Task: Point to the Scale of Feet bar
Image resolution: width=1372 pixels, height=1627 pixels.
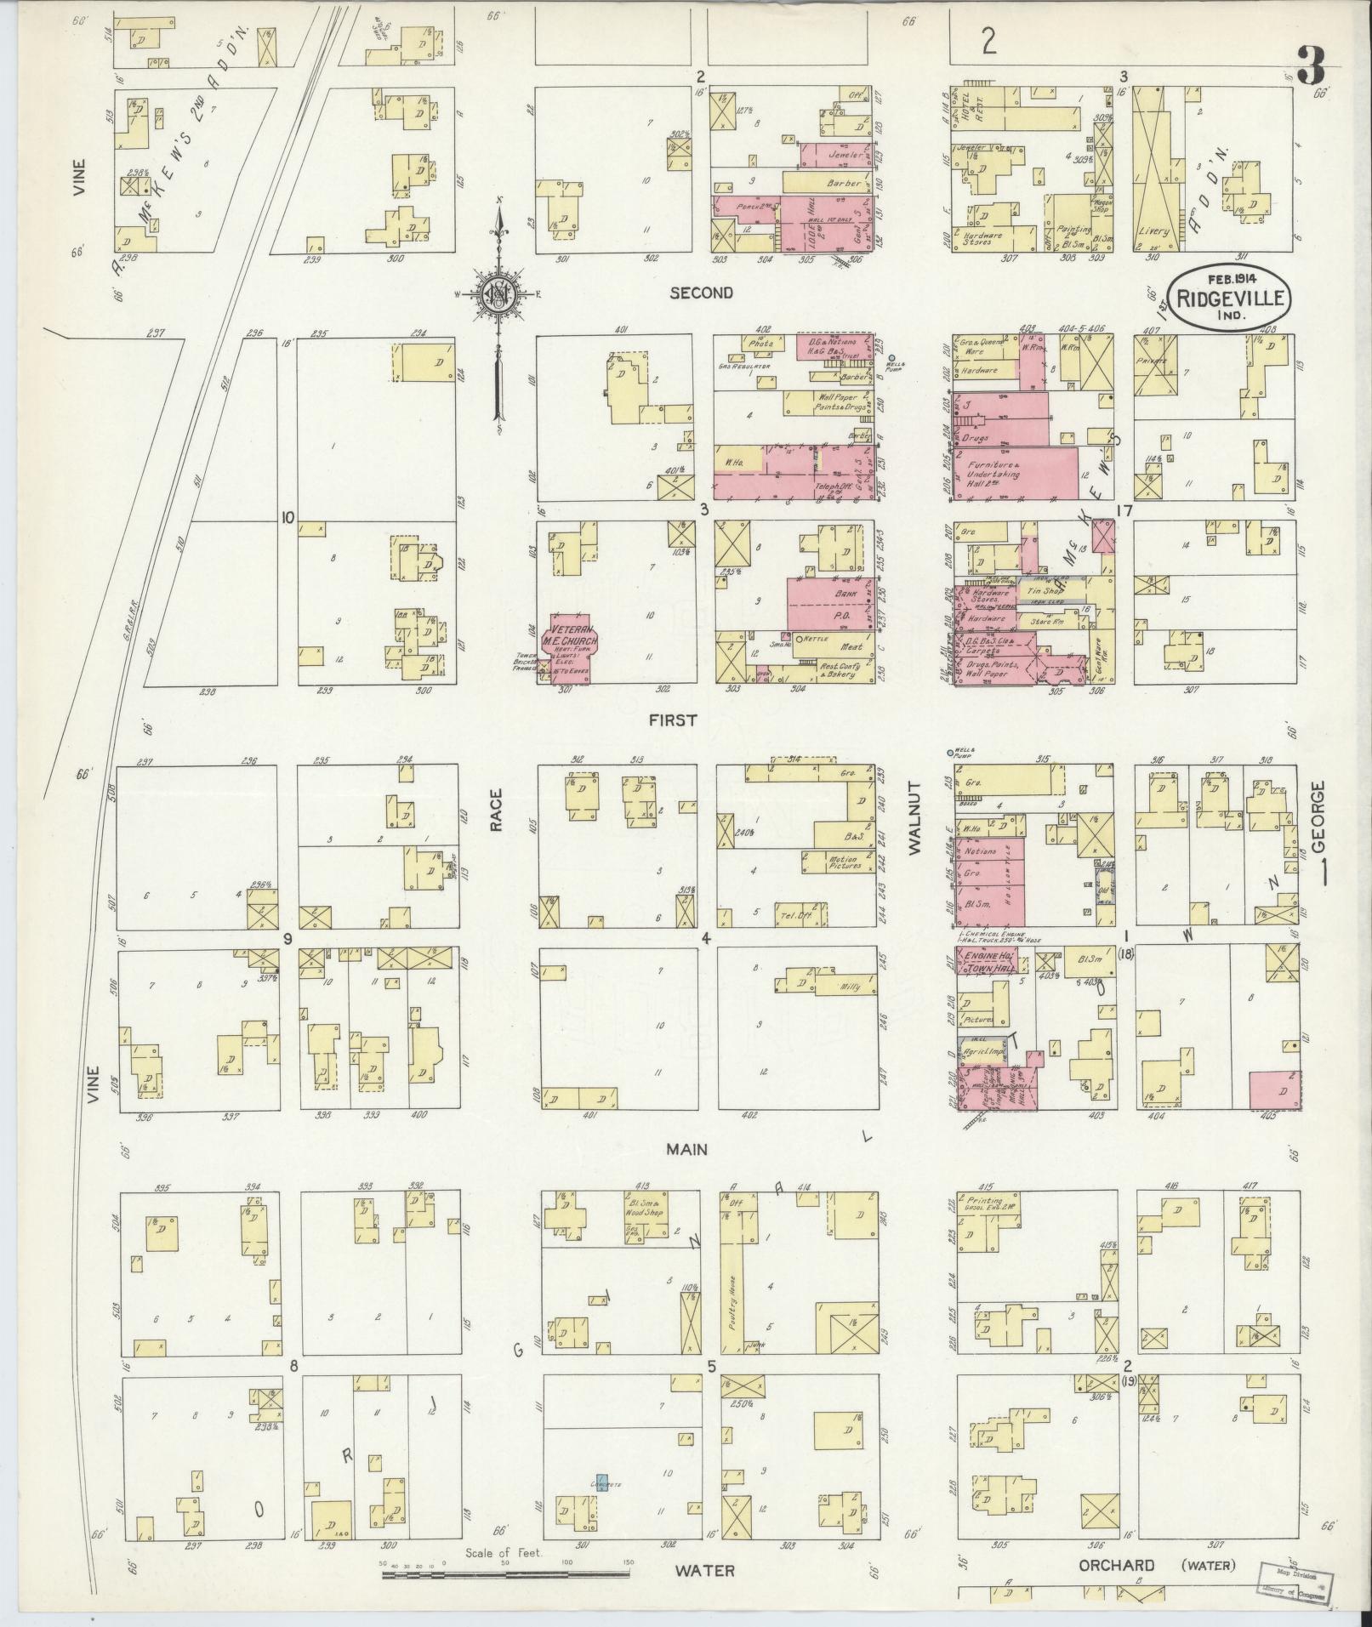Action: (507, 1575)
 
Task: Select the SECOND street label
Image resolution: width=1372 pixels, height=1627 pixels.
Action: (701, 293)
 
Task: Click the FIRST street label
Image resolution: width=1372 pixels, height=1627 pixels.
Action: (672, 720)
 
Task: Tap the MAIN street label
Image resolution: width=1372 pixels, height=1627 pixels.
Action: (686, 1149)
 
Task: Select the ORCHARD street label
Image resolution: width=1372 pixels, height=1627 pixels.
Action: (1116, 1566)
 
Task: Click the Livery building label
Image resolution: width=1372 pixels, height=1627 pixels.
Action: (1152, 231)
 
